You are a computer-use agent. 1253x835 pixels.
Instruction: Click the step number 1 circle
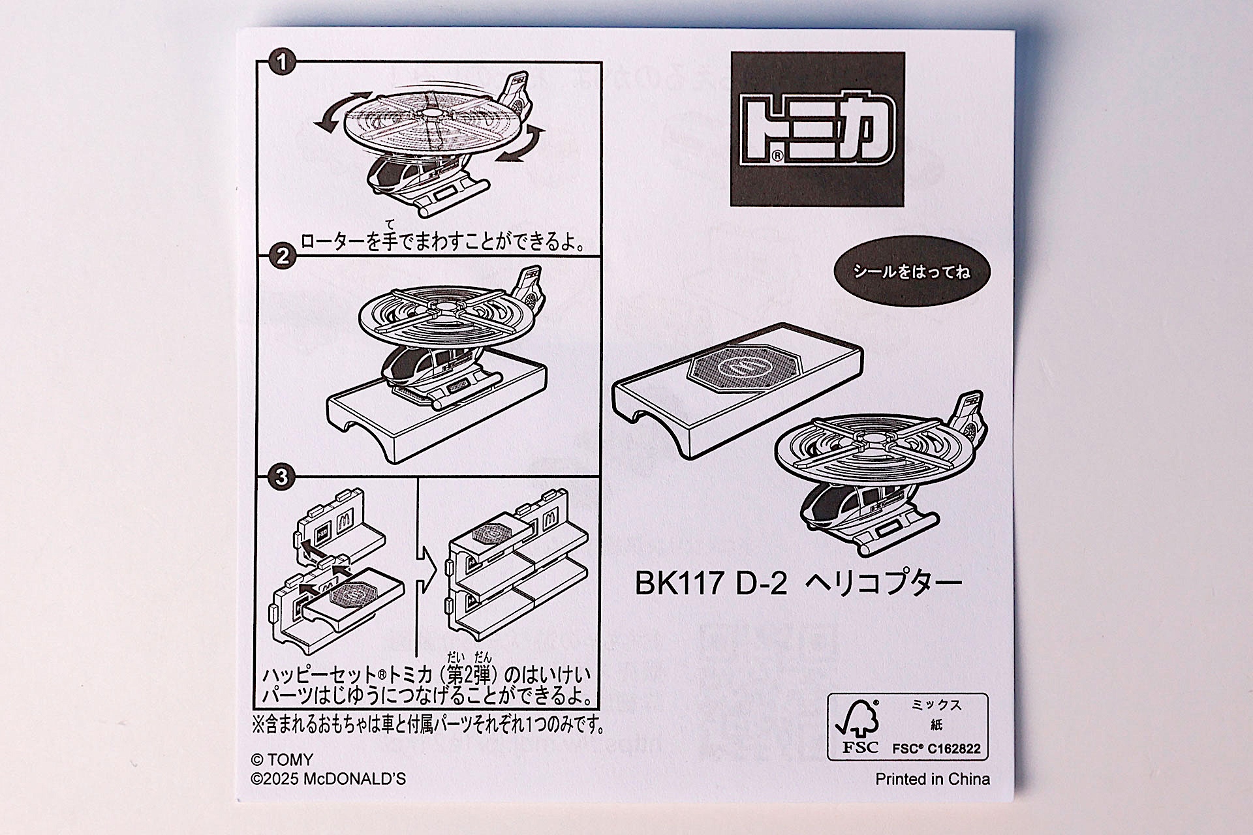tap(281, 63)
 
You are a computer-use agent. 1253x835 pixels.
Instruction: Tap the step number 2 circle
tap(282, 256)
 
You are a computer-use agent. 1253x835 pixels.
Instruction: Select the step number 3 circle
tap(281, 477)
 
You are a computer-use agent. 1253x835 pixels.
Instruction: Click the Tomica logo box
tap(817, 129)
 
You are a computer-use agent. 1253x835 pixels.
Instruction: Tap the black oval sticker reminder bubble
tap(912, 271)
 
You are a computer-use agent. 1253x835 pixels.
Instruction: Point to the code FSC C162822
tap(936, 749)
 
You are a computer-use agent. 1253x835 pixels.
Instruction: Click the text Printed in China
tap(932, 779)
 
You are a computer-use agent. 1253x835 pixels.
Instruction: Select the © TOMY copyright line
tap(282, 759)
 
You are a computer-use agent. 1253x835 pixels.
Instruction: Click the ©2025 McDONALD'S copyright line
tap(328, 779)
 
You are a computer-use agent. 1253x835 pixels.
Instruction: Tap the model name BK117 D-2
tap(711, 583)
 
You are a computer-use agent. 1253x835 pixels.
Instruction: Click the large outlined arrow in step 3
tap(425, 568)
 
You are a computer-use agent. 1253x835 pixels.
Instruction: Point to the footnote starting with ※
tap(428, 724)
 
